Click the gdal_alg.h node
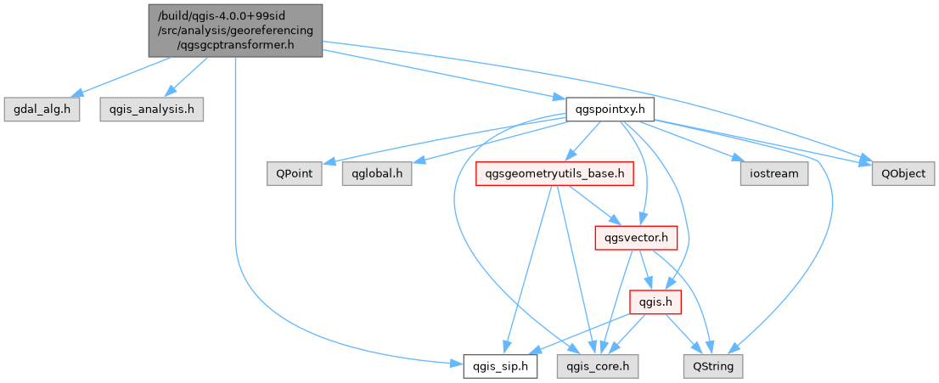pos(42,110)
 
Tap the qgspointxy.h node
pos(610,110)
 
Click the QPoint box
pos(294,174)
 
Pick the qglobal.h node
pos(376,174)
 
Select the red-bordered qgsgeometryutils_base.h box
pos(555,174)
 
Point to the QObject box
pos(903,174)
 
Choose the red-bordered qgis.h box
pos(655,302)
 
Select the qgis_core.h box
pos(598,367)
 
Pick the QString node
pos(713,367)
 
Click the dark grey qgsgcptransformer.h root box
pos(235,30)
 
